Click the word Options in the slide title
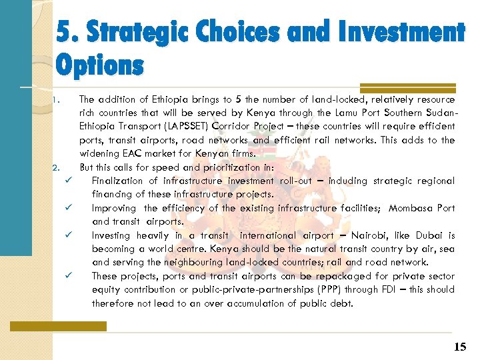tap(99, 65)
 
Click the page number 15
tap(460, 347)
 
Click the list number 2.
tap(57, 167)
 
